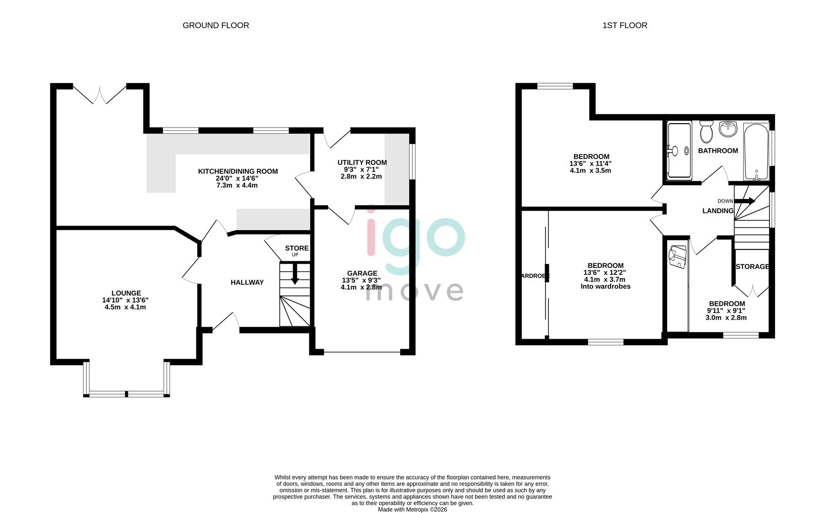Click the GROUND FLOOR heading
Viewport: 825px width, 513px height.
coord(216,25)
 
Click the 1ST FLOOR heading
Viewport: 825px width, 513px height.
coord(624,25)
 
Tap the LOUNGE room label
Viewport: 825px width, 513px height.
coord(126,293)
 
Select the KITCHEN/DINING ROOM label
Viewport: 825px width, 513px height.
coord(238,171)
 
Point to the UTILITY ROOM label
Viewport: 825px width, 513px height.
coord(362,162)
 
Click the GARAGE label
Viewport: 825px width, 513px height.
coord(362,273)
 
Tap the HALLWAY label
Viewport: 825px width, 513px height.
coord(247,282)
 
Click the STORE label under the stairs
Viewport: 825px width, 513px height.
coord(297,248)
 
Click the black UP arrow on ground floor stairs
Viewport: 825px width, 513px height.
coord(295,274)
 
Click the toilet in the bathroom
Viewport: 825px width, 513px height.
coord(706,132)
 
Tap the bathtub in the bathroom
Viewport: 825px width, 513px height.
coord(756,151)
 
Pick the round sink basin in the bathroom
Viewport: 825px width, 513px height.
coord(728,128)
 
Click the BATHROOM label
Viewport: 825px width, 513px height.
coord(718,151)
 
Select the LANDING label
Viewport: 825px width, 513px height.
coord(718,210)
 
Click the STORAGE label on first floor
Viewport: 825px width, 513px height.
coord(752,266)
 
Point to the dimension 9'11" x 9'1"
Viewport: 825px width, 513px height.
coord(727,311)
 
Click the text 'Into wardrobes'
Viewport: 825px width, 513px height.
coord(605,286)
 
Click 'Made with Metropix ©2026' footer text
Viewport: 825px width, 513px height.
coord(412,509)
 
